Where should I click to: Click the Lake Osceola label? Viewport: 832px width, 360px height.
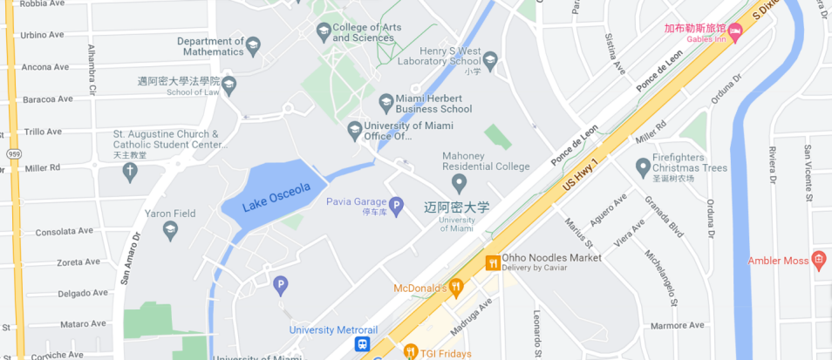point(265,197)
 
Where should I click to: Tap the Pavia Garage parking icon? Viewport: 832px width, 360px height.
point(396,207)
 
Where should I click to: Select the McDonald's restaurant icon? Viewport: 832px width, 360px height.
point(455,285)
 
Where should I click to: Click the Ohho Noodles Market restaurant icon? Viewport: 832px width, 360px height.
point(493,262)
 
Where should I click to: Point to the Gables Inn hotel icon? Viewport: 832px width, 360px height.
point(734,32)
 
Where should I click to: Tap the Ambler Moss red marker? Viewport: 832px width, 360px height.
point(818,259)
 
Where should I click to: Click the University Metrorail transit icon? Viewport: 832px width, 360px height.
point(362,343)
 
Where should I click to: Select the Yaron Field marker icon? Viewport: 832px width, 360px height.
point(170,229)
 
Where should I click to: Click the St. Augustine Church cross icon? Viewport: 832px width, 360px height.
point(130,171)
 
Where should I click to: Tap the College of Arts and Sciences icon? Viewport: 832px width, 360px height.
point(324,32)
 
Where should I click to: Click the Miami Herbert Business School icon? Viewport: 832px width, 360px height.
point(385,103)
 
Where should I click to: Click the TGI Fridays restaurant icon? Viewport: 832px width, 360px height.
point(412,352)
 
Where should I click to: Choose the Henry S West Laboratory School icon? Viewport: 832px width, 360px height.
point(490,60)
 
